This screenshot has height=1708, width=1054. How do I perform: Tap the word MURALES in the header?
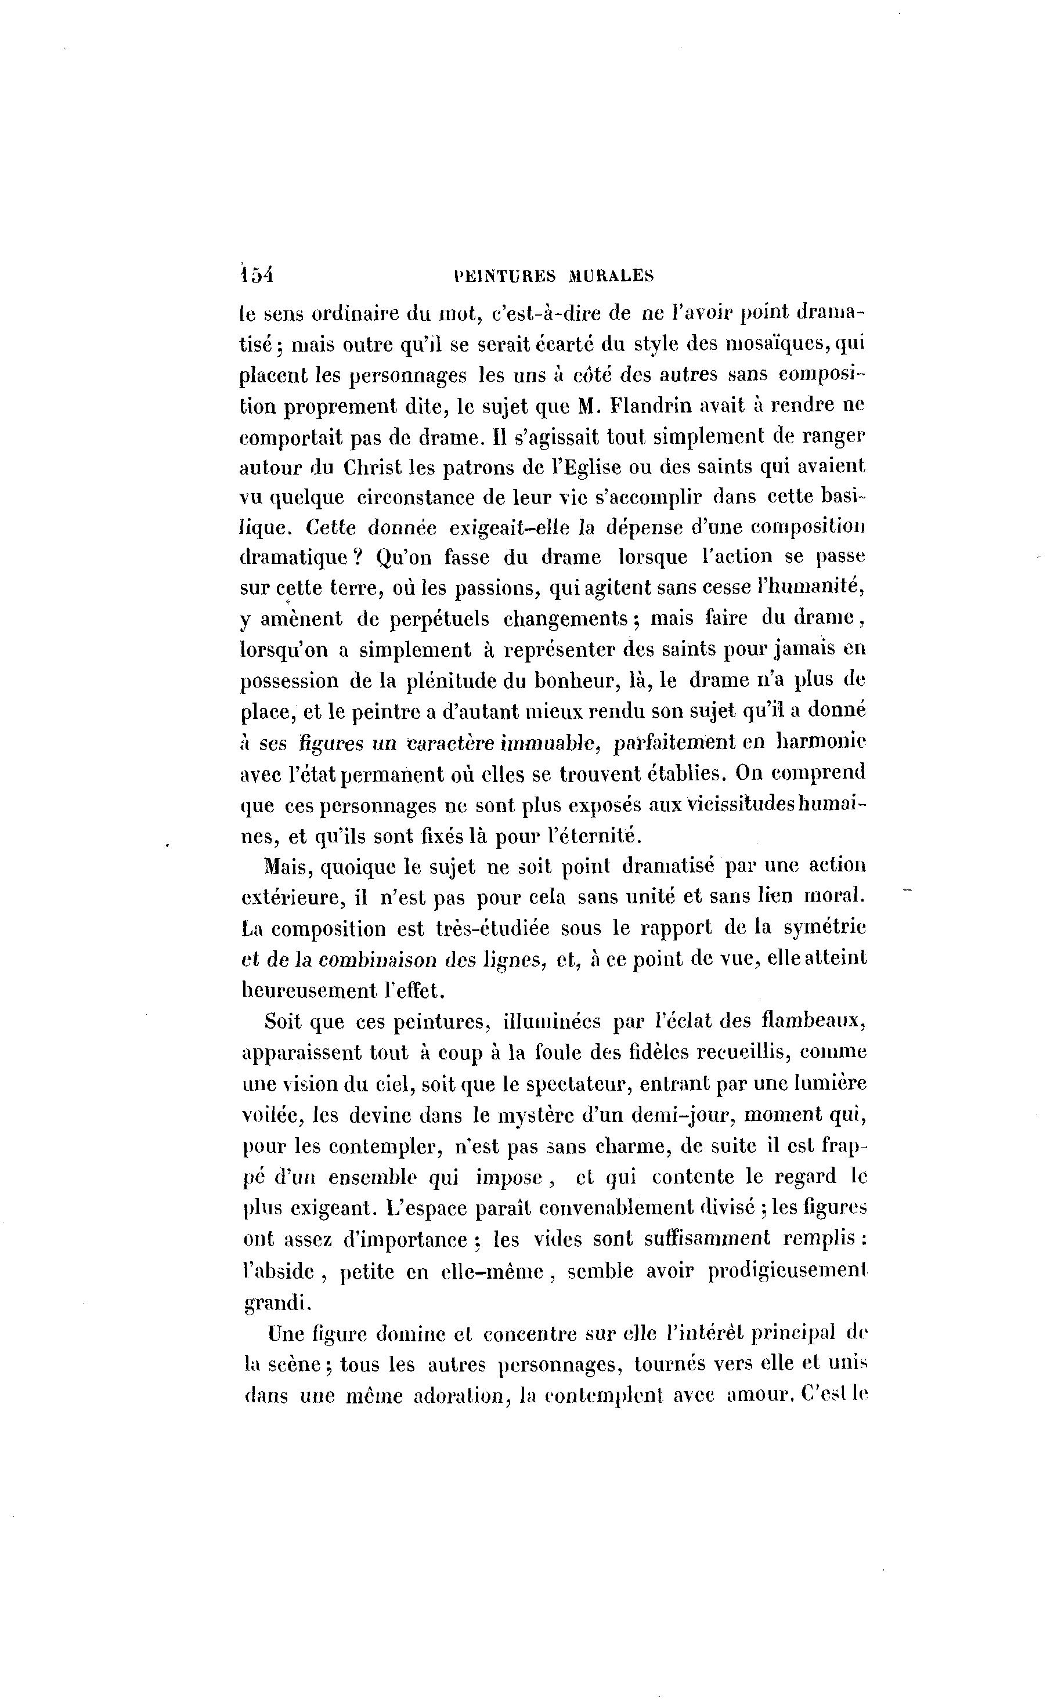(611, 276)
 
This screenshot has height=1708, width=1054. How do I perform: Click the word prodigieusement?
(787, 1271)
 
